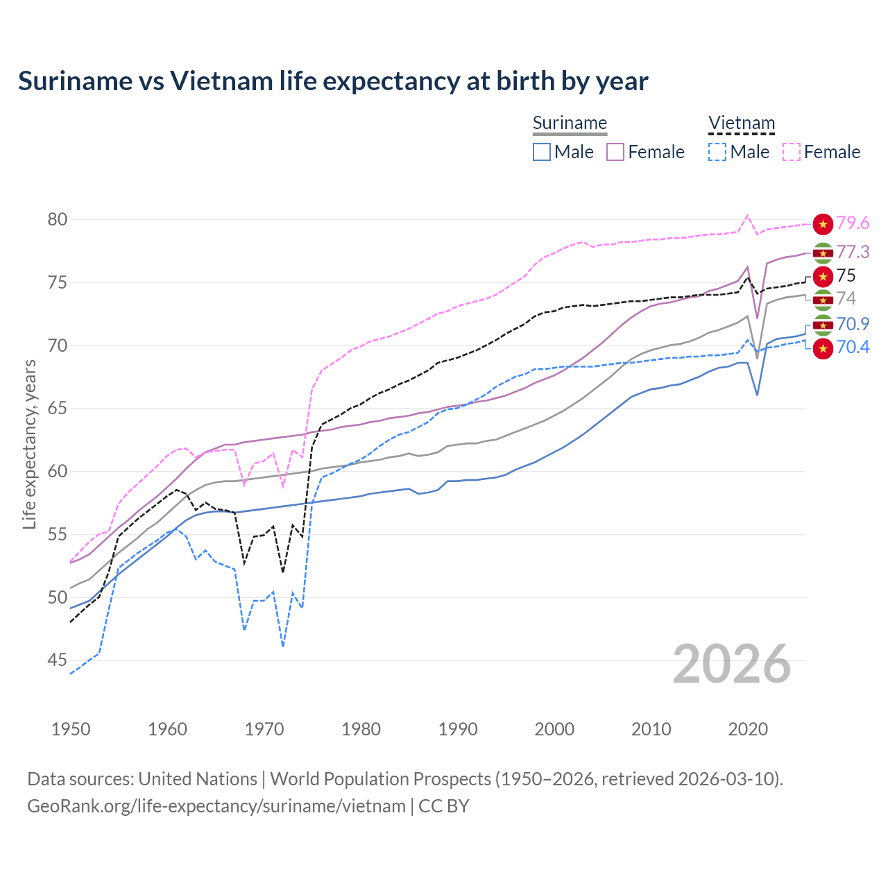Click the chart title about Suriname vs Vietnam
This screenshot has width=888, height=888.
pos(333,81)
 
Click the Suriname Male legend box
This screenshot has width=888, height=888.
pos(542,152)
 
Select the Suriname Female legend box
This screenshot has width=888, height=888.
pos(615,152)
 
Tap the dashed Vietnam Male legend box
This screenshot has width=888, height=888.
pos(717,152)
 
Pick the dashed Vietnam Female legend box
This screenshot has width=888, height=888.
pos(792,152)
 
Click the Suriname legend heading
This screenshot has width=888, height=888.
pos(570,123)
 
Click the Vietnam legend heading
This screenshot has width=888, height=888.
pos(741,123)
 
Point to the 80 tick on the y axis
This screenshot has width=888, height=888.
pos(58,220)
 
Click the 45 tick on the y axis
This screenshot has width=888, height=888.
pos(58,660)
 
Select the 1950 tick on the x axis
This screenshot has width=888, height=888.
pos(71,729)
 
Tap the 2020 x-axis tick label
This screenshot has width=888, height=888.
pos(748,729)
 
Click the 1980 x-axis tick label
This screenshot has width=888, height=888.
pos(361,729)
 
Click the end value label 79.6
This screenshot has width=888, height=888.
pos(853,223)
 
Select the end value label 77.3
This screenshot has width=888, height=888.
pos(853,252)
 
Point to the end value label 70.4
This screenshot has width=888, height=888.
pos(853,347)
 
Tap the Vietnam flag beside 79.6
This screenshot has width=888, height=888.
pos(823,223)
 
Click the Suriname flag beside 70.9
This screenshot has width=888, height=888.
pos(823,324)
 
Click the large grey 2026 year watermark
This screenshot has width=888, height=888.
pos(732,664)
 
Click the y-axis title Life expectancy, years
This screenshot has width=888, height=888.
pos(30,444)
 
